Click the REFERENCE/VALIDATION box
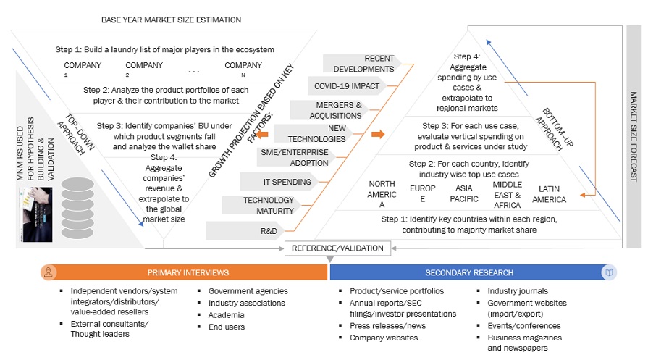click(x=337, y=248)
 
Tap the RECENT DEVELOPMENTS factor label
click(x=369, y=64)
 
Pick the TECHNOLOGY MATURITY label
click(x=268, y=205)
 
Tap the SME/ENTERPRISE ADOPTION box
click(x=294, y=157)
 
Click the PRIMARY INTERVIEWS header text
click(x=188, y=273)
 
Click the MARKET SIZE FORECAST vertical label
click(x=634, y=136)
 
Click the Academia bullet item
click(x=225, y=315)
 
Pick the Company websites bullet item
click(x=384, y=338)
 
